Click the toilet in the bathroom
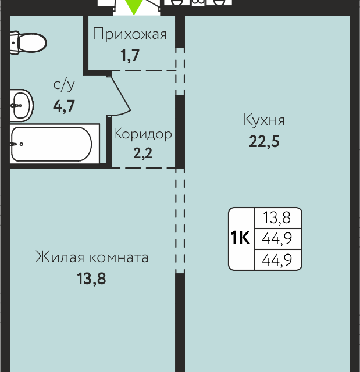click(x=28, y=42)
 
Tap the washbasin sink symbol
click(x=22, y=105)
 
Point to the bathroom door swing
click(x=119, y=95)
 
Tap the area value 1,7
click(x=130, y=56)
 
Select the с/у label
click(x=64, y=85)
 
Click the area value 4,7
click(x=64, y=106)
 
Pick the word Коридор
click(x=143, y=134)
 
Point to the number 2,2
click(x=143, y=153)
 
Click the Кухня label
click(x=264, y=120)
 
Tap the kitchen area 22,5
click(x=264, y=141)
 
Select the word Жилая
click(x=59, y=257)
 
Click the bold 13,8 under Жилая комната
click(x=92, y=278)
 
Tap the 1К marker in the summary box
click(x=240, y=238)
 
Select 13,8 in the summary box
click(x=277, y=218)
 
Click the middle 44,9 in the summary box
click(x=277, y=239)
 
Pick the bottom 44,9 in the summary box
click(x=277, y=260)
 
